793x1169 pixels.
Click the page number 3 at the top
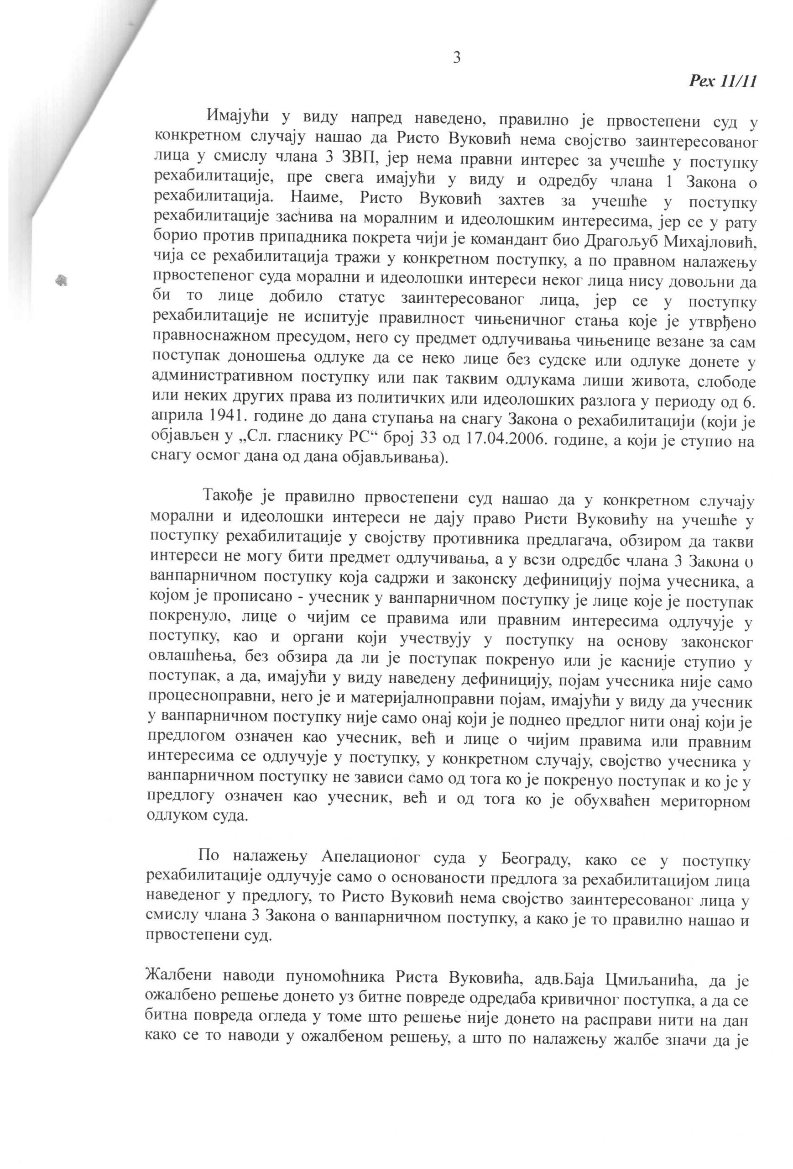click(x=457, y=58)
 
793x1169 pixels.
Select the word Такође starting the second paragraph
click(x=229, y=497)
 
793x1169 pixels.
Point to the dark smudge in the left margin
click(x=63, y=279)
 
